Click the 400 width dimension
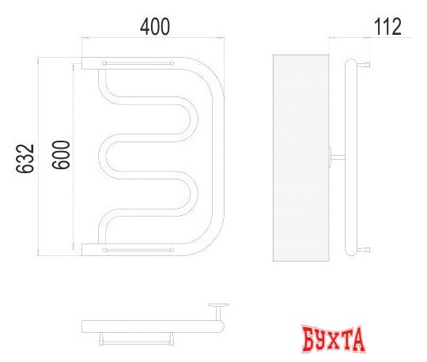coord(155,26)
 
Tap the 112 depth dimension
coord(387,26)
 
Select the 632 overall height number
coord(25,158)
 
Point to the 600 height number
coord(62,154)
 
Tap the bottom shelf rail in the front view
coord(138,249)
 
